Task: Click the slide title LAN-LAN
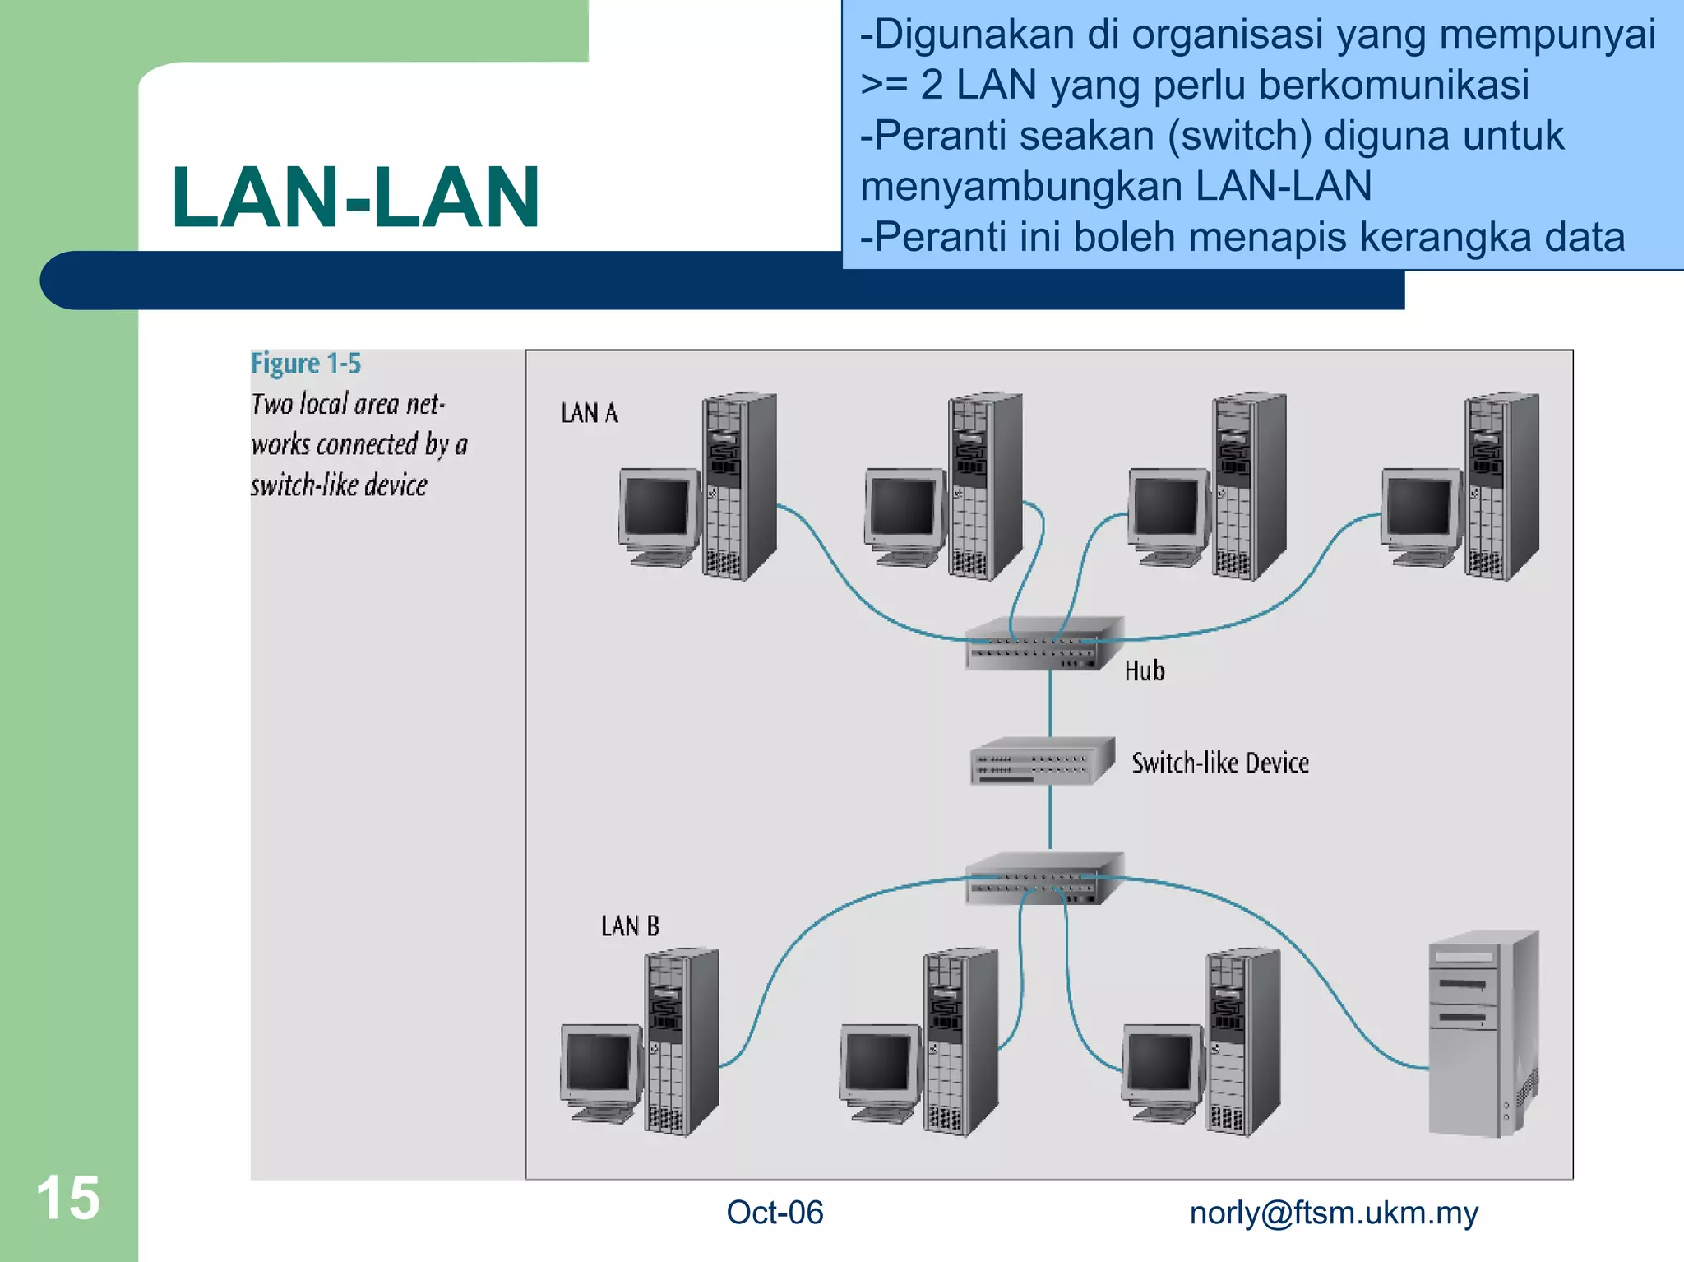(x=355, y=197)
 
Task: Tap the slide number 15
(x=68, y=1198)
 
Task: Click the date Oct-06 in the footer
(x=775, y=1213)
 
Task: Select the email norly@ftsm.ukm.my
(x=1334, y=1213)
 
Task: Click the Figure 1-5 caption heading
(x=305, y=364)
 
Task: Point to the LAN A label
(x=589, y=413)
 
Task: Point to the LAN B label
(x=630, y=926)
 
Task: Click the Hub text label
(x=1144, y=671)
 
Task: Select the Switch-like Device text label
(x=1220, y=763)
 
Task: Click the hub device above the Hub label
(x=1043, y=644)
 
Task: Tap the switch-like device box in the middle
(x=1041, y=761)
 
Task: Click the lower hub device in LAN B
(x=1043, y=879)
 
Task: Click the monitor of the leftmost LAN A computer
(x=657, y=508)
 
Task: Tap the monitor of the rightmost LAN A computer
(x=1420, y=508)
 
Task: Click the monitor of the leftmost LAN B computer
(x=599, y=1063)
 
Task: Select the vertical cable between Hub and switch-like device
(x=1050, y=703)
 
